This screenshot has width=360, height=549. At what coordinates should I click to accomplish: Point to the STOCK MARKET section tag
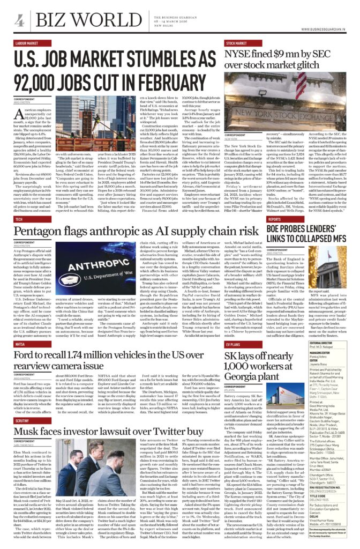[236, 42]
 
